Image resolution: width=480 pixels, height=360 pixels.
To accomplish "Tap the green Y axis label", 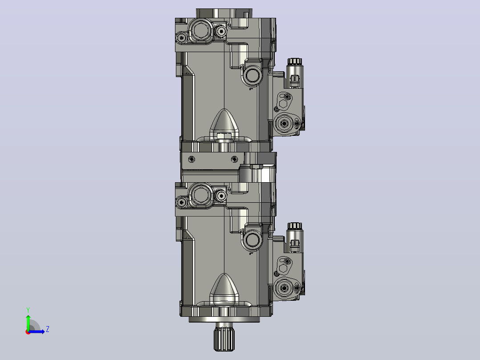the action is [28, 310].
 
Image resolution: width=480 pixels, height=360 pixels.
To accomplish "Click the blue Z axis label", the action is [48, 329].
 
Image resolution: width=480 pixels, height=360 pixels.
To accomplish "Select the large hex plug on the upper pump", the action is [200, 30].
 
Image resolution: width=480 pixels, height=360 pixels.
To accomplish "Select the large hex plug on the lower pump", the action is [200, 194].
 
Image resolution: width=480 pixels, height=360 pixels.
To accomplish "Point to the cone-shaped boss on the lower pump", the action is [224, 287].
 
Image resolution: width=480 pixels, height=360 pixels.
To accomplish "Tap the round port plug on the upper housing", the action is [252, 75].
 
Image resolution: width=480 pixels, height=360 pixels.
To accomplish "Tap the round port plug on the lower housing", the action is [252, 240].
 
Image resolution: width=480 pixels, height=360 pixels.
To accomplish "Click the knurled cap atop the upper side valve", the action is [294, 61].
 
